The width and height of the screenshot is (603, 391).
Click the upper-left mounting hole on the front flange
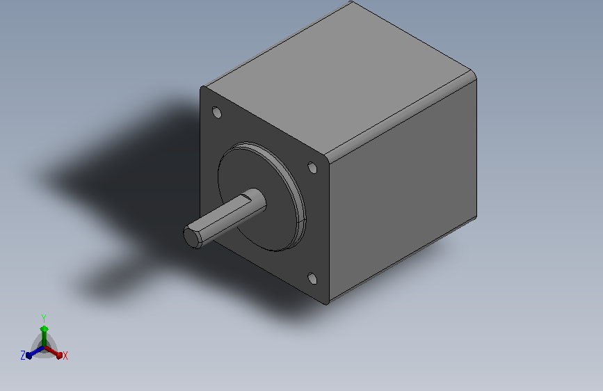click(217, 113)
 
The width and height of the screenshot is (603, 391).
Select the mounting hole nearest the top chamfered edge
click(313, 168)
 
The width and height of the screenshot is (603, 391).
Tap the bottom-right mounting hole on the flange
click(313, 278)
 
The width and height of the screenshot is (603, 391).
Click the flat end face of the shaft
click(192, 237)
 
